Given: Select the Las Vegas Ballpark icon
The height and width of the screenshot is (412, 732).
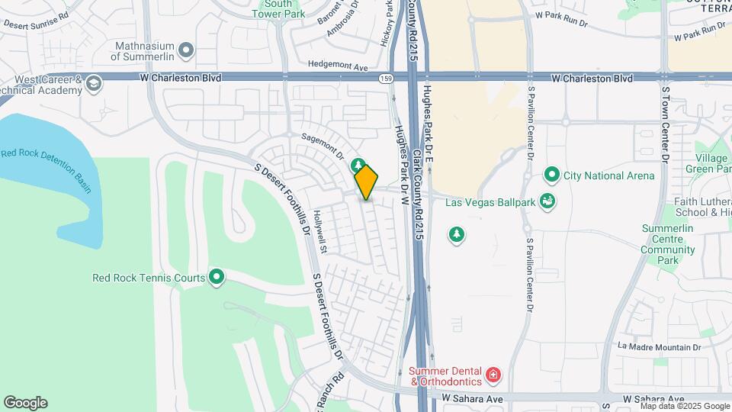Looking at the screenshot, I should [x=547, y=201].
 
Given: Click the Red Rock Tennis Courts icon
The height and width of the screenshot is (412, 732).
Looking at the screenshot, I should [x=217, y=277].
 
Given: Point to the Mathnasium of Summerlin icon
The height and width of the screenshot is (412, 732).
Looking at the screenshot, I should [x=186, y=50].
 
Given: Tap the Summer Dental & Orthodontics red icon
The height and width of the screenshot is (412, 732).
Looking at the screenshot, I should [x=493, y=375].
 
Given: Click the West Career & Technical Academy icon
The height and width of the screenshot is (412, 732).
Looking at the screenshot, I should [x=94, y=83].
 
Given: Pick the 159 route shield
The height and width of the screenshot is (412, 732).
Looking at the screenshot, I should [x=387, y=78].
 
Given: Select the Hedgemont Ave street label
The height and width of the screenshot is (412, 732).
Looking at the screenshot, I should [x=338, y=67].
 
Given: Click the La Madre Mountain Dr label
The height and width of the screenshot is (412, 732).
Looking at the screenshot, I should [x=659, y=346].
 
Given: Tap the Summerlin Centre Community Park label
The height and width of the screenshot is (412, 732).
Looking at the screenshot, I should [x=668, y=244].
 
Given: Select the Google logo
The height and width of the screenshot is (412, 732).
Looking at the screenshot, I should [x=25, y=403].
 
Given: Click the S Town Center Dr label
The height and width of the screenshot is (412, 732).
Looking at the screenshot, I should [x=665, y=123].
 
